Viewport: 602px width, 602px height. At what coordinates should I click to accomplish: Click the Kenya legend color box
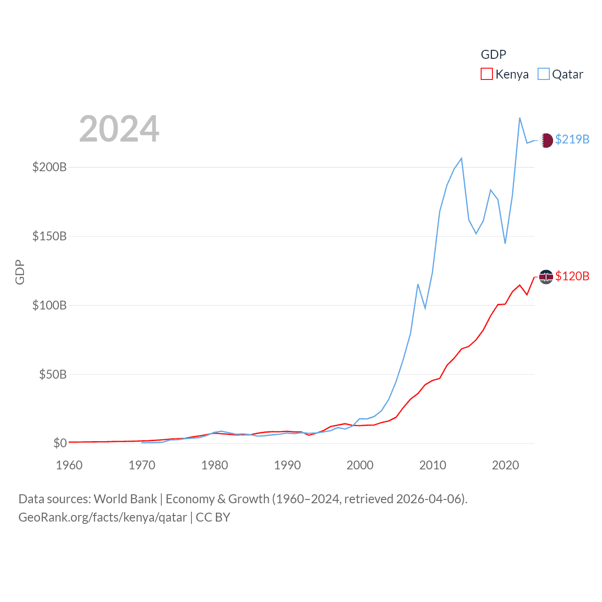click(x=486, y=74)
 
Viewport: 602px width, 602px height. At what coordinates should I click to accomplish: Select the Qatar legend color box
click(x=543, y=74)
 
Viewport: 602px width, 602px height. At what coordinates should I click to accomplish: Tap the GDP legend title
click(x=493, y=55)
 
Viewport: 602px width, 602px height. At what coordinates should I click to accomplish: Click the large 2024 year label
click(x=119, y=129)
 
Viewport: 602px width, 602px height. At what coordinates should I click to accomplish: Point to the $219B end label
click(x=572, y=139)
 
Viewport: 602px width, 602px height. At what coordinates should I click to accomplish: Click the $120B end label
click(x=572, y=276)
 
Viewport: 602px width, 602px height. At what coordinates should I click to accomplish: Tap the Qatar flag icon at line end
click(x=546, y=140)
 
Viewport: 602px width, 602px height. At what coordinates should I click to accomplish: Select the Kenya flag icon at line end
click(x=546, y=277)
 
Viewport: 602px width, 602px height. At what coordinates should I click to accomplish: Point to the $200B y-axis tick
click(x=49, y=167)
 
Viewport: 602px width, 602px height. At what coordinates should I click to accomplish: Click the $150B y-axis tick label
click(x=49, y=236)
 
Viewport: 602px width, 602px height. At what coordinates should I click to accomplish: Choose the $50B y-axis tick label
click(x=53, y=374)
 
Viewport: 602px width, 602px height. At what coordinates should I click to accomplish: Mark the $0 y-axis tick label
click(x=60, y=443)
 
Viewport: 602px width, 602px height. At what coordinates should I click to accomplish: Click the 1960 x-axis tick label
click(x=69, y=465)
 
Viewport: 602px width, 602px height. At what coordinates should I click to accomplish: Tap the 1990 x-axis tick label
click(x=287, y=465)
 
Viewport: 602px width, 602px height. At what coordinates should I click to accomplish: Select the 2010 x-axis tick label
click(x=433, y=465)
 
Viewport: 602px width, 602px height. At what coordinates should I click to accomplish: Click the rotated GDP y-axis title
click(x=20, y=272)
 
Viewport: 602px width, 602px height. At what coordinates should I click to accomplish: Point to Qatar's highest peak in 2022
click(x=520, y=118)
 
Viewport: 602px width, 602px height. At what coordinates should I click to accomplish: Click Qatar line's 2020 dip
click(x=505, y=243)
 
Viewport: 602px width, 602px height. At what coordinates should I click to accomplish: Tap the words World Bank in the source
click(x=125, y=499)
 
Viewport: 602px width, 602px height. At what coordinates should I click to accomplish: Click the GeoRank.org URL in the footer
click(x=103, y=517)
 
